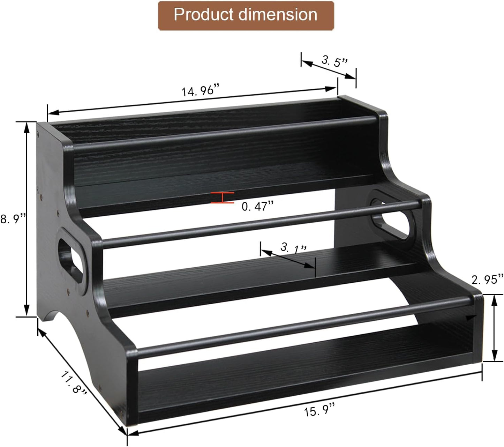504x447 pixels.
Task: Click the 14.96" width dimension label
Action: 201,91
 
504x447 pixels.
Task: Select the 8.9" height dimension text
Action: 13,219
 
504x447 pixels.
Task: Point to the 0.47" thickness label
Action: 257,207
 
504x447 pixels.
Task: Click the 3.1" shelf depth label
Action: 293,248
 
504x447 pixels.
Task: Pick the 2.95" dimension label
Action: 487,279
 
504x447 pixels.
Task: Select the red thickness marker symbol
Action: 223,198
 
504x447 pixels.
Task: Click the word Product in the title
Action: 203,15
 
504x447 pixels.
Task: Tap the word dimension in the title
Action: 278,15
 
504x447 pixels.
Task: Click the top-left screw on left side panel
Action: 38,133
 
